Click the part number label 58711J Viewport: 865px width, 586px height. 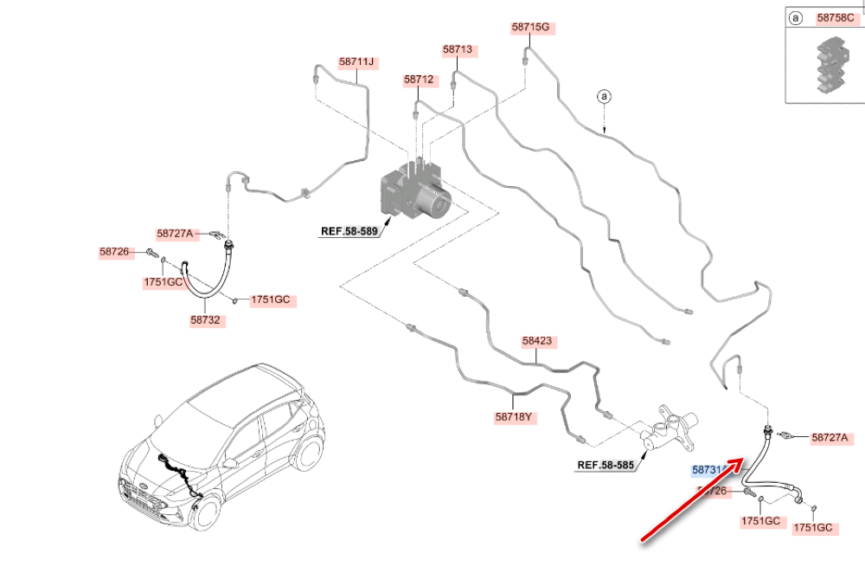356,62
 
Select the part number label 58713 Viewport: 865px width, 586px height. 458,50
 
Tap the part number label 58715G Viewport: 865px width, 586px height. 530,28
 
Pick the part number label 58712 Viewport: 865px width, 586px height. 418,80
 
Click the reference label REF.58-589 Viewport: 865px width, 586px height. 349,232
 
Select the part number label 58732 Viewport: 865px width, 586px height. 207,320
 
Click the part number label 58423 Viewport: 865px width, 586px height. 536,341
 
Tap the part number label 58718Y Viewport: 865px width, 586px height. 514,417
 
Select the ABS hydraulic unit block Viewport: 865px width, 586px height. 415,193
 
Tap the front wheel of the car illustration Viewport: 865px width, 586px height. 205,511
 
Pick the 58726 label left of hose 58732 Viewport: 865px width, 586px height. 113,252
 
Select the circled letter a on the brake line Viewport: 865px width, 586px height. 605,95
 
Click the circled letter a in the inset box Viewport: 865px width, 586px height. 795,17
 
